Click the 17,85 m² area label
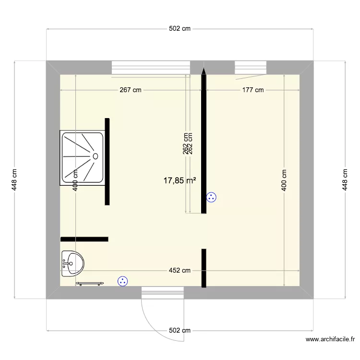pyautogui.click(x=180, y=180)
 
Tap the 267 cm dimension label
pyautogui.click(x=131, y=90)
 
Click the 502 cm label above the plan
pyautogui.click(x=180, y=29)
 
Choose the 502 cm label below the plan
pyautogui.click(x=180, y=330)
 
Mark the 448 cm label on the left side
pyautogui.click(x=14, y=180)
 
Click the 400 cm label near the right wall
pyautogui.click(x=284, y=180)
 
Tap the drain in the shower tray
pyautogui.click(x=95, y=156)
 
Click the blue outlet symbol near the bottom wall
pyautogui.click(x=123, y=281)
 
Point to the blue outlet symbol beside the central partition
pyautogui.click(x=211, y=197)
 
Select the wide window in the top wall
pyautogui.click(x=150, y=67)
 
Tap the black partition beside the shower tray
pyautogui.click(x=108, y=161)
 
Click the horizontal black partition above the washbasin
pyautogui.click(x=84, y=239)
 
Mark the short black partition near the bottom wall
pyautogui.click(x=204, y=268)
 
